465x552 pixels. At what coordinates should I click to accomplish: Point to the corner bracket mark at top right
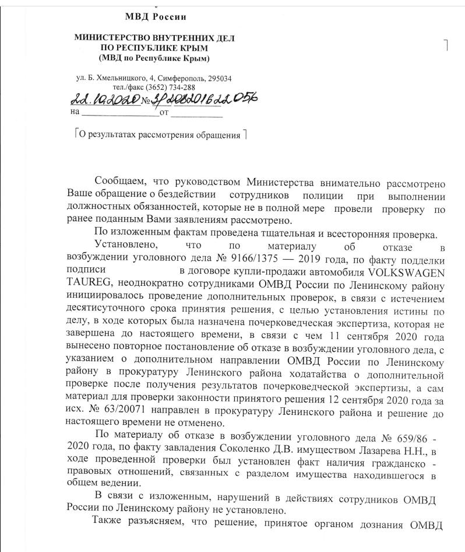445,46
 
